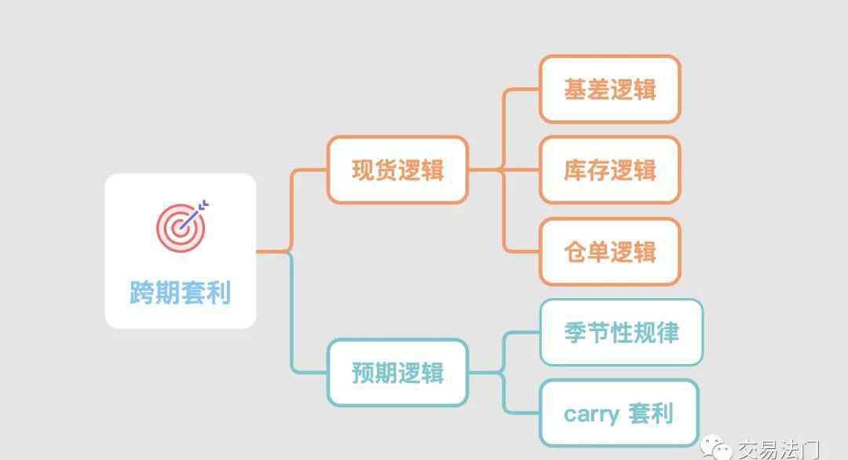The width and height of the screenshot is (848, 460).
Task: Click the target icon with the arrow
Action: pos(181,226)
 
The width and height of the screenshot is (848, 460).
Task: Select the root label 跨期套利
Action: pos(180,293)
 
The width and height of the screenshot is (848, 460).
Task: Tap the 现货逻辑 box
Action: pos(397,170)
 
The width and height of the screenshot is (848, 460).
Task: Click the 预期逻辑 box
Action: pos(397,373)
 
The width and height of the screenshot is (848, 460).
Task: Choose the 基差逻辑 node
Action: pos(610,90)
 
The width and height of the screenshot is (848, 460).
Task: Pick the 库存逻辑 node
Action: pos(610,170)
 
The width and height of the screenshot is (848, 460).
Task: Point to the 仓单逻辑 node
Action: pos(610,252)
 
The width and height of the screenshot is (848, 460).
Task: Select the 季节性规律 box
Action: pos(621,332)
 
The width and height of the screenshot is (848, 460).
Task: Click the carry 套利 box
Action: pos(620,414)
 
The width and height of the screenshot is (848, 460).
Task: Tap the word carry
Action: pos(592,415)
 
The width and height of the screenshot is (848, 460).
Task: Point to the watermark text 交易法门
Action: pos(779,449)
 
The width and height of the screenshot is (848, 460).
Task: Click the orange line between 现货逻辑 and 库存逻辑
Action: pos(503,170)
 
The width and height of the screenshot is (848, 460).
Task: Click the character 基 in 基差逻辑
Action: pos(575,90)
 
